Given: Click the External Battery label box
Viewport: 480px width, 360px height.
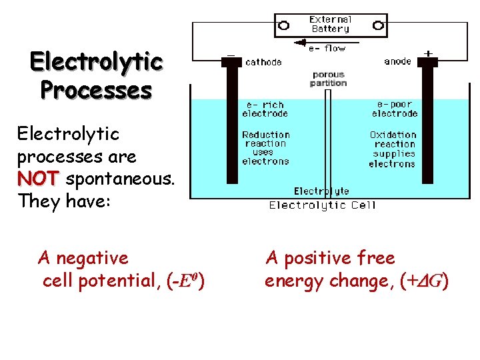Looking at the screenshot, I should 331,25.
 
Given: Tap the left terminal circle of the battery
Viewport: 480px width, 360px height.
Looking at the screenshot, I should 283,25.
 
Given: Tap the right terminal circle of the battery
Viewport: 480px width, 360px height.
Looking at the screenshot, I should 378,25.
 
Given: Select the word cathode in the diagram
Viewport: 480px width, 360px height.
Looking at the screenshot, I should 264,62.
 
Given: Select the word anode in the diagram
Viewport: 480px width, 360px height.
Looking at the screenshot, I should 398,61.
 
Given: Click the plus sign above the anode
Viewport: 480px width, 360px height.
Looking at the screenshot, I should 428,53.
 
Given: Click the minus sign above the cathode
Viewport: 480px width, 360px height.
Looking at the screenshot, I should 231,53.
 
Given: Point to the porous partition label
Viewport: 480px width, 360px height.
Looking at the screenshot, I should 328,79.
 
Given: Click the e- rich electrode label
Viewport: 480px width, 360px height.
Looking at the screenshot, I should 265,109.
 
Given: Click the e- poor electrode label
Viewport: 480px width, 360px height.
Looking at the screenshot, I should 395,109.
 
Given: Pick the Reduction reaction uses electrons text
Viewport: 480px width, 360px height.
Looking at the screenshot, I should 265,147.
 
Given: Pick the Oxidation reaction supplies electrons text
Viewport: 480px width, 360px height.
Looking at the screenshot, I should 393,149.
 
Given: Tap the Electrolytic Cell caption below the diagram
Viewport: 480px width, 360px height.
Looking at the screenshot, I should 322,205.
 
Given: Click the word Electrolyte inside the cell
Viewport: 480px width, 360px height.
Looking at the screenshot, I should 321,191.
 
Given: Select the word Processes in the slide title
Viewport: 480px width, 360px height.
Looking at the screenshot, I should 96,89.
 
